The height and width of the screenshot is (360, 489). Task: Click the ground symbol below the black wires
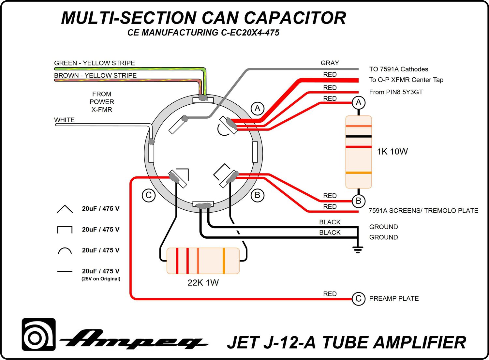pyautogui.click(x=358, y=250)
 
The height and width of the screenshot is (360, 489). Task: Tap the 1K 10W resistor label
pyautogui.click(x=392, y=152)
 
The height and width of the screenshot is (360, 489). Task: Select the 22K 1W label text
pyautogui.click(x=203, y=283)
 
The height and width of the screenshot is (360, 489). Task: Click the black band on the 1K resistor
pyautogui.click(x=359, y=136)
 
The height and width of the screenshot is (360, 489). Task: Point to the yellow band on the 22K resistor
pyautogui.click(x=224, y=261)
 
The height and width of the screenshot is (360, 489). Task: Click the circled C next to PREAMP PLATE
pyautogui.click(x=358, y=299)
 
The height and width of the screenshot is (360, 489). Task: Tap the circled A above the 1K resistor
pyautogui.click(x=359, y=103)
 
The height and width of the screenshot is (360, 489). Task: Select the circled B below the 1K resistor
pyautogui.click(x=359, y=201)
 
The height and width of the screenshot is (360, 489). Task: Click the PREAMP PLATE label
pyautogui.click(x=394, y=299)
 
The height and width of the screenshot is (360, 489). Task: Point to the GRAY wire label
pyautogui.click(x=330, y=63)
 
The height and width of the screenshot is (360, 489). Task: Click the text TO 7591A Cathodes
pyautogui.click(x=398, y=69)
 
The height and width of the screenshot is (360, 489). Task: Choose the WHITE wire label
pyautogui.click(x=64, y=120)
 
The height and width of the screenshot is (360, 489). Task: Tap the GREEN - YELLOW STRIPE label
pyautogui.click(x=95, y=63)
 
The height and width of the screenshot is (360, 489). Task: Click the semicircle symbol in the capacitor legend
pyautogui.click(x=65, y=251)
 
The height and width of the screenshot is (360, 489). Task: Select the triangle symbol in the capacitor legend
pyautogui.click(x=65, y=209)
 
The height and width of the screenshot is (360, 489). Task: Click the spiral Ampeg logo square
pyautogui.click(x=38, y=335)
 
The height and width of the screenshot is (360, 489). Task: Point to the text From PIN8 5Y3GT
pyautogui.click(x=396, y=92)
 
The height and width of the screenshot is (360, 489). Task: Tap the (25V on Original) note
pyautogui.click(x=101, y=279)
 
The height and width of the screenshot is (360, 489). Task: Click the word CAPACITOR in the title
pyautogui.click(x=295, y=18)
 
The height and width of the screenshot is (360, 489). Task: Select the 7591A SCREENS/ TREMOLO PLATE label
pyautogui.click(x=423, y=211)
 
